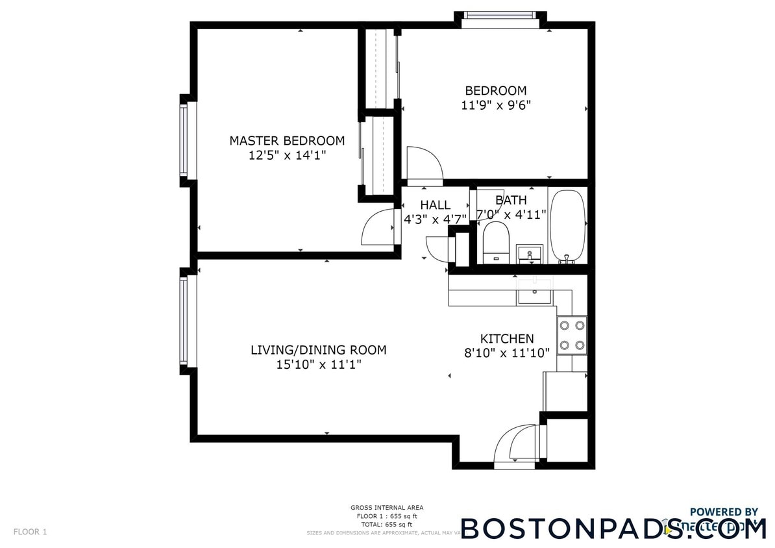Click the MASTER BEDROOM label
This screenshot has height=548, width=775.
[x=287, y=140]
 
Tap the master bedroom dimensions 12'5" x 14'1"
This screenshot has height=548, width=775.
[x=287, y=155]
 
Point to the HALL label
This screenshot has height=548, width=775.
[x=435, y=205]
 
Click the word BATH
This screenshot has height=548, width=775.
[x=511, y=200]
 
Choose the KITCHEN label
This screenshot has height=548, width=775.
[x=507, y=338]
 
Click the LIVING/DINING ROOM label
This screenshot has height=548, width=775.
[x=318, y=350]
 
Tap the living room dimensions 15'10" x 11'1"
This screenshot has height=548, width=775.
[x=318, y=365]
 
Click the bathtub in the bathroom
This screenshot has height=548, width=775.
[x=568, y=225]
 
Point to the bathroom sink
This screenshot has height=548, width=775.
[x=530, y=254]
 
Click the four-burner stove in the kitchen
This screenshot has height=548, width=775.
[x=572, y=335]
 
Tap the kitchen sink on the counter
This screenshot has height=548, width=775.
[x=534, y=291]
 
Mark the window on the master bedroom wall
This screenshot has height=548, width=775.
[x=184, y=140]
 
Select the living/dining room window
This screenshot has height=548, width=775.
[x=184, y=320]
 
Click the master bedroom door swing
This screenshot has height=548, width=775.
[x=378, y=227]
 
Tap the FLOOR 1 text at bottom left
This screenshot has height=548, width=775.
[x=30, y=532]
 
